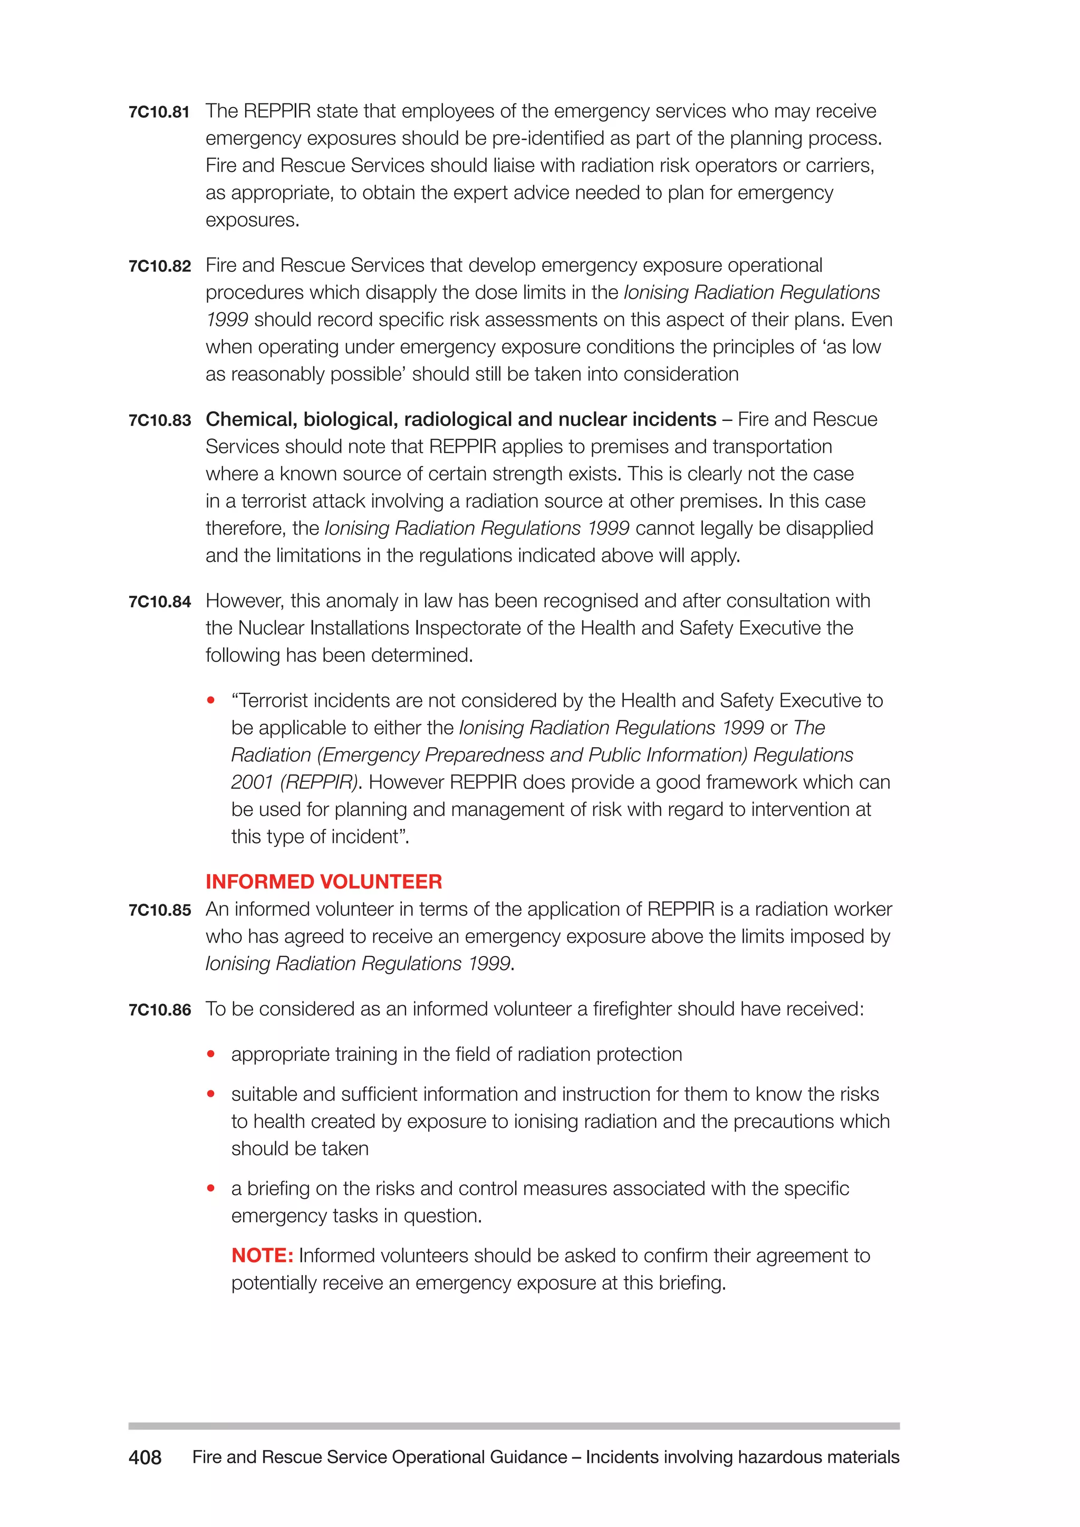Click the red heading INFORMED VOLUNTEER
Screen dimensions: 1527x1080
323,882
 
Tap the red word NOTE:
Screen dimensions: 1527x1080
262,1255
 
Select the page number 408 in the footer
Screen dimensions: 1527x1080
144,1458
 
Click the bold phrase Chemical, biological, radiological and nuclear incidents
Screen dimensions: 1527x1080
460,420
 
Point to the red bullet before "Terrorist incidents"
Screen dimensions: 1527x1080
211,700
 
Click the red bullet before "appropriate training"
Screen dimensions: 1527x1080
211,1054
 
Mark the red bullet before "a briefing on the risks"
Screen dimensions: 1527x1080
211,1188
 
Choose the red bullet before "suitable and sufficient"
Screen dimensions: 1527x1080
211,1094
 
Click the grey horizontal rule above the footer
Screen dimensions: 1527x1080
514,1426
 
